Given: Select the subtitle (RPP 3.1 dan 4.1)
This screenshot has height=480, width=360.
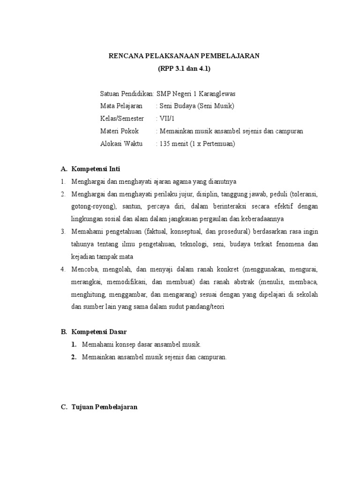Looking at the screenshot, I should tap(184, 69).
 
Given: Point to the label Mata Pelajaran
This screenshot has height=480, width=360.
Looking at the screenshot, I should tap(121, 106).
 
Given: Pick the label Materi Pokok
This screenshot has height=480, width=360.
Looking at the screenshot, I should tap(119, 131).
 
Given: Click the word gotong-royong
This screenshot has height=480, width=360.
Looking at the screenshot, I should tap(93, 206).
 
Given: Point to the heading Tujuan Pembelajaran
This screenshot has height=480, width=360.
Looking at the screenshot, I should tap(105, 407).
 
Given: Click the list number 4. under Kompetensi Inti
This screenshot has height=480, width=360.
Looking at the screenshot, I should tap(63, 270).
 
